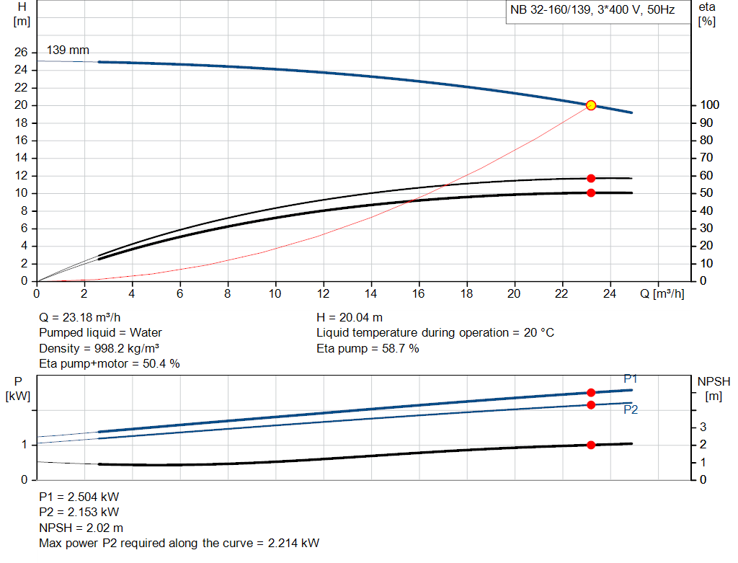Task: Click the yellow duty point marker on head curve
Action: pos(591,105)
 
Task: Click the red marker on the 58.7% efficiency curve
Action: pos(591,178)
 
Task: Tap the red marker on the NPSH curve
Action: pos(591,445)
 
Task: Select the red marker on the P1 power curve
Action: pos(591,392)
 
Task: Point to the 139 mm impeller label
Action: pos(68,50)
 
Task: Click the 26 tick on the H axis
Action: pos(21,53)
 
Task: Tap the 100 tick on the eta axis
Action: pos(708,105)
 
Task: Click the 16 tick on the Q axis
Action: pos(419,293)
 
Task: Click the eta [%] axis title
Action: pos(707,14)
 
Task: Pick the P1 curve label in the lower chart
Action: pos(631,379)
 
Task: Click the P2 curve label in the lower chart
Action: pos(631,409)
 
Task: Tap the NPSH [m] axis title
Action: pos(714,388)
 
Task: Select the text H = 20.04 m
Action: pos(350,317)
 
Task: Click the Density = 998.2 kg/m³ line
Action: pos(99,348)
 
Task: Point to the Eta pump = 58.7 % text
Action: pos(368,348)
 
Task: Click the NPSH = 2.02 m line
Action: pos(81,528)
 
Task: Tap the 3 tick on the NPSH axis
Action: pos(702,427)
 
